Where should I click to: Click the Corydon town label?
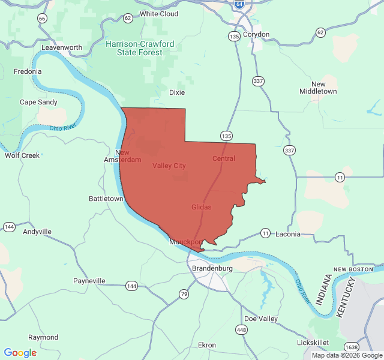[x=257, y=34]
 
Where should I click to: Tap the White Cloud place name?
[x=159, y=13]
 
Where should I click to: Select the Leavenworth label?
[x=62, y=47]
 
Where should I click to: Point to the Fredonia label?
[x=28, y=71]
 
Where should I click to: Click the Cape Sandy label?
[x=39, y=102]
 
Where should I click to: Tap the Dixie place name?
[x=177, y=92]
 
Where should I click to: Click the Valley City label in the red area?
[x=169, y=166]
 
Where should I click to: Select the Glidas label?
[x=202, y=207]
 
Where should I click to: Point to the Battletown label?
[x=106, y=199]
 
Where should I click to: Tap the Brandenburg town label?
[x=212, y=268]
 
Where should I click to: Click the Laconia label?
[x=288, y=234]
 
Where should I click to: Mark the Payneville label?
[x=89, y=281]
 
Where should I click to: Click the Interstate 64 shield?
[x=239, y=4]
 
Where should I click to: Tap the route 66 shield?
[x=41, y=19]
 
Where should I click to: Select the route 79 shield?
[x=184, y=294]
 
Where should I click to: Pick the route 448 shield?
[x=241, y=329]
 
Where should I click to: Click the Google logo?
[x=20, y=353]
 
